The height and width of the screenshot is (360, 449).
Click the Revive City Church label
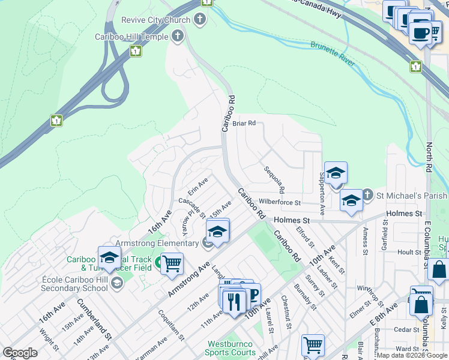click(155, 20)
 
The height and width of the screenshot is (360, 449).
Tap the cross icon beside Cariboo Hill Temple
click(176, 37)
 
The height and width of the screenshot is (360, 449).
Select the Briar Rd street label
click(244, 123)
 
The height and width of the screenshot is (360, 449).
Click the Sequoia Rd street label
click(273, 179)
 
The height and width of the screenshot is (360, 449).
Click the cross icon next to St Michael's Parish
click(368, 196)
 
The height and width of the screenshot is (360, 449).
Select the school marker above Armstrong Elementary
click(218, 232)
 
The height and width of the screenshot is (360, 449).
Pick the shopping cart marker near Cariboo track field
click(172, 263)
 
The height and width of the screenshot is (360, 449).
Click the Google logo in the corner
click(20, 353)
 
